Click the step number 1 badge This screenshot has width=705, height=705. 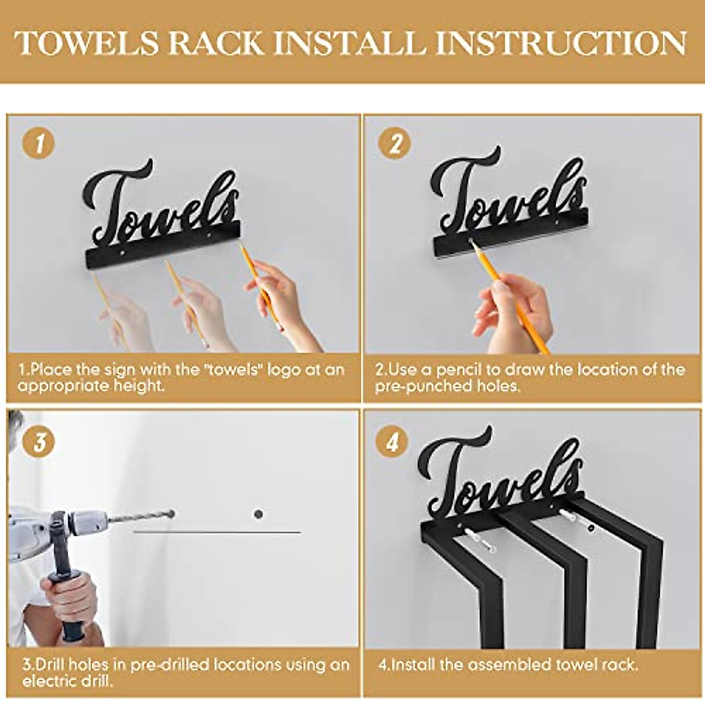click(39, 144)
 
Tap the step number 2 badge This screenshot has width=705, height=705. click(395, 144)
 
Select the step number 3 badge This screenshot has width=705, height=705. click(39, 441)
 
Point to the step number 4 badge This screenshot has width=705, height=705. click(392, 442)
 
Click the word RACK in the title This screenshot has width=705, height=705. click(216, 43)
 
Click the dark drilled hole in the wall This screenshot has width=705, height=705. click(258, 514)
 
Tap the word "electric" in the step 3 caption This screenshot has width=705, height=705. click(44, 681)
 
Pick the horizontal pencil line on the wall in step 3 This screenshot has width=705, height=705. click(217, 532)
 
